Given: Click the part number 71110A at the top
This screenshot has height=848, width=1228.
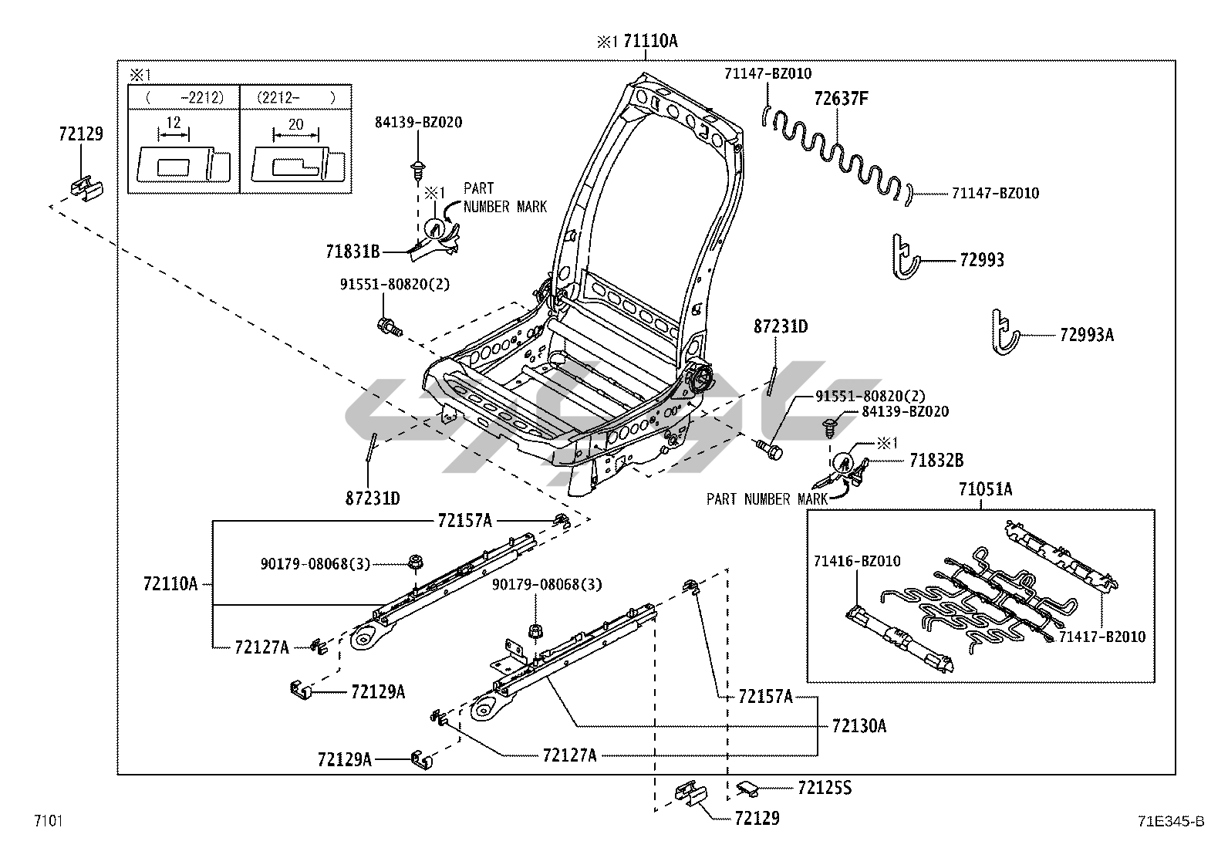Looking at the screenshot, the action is click(x=650, y=41).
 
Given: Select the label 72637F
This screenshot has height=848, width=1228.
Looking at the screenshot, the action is click(x=841, y=99).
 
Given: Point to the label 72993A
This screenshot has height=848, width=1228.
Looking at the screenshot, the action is click(x=1087, y=335).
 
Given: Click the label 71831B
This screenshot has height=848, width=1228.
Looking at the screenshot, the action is click(x=353, y=252).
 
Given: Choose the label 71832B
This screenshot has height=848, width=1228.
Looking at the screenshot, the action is click(x=936, y=460).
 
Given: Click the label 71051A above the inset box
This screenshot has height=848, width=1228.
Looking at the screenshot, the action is click(x=985, y=488).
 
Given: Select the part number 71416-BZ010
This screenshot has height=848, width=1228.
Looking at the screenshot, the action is click(x=857, y=561).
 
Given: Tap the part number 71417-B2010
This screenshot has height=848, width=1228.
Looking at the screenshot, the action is click(x=1102, y=637).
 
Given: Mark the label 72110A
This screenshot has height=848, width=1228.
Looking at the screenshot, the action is click(x=170, y=583).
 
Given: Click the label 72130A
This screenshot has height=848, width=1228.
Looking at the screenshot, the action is click(x=859, y=725).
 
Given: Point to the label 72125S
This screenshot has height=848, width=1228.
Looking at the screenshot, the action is click(x=825, y=789).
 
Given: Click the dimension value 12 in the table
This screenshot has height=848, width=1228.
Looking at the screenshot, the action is click(x=174, y=123).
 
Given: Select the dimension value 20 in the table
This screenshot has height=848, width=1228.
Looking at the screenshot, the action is click(x=295, y=124).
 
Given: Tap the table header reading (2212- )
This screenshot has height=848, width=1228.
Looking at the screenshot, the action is click(x=296, y=98).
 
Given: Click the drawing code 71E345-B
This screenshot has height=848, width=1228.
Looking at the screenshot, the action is click(x=1171, y=821).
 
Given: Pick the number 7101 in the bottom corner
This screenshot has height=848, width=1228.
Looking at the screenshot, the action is click(x=49, y=820).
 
